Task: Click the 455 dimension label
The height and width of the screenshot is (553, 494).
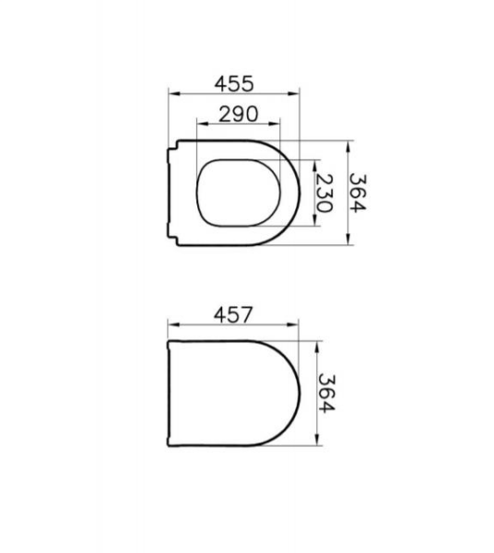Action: [234, 84]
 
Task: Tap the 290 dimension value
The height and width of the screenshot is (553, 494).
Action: [239, 114]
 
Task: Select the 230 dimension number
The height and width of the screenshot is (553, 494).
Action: [323, 194]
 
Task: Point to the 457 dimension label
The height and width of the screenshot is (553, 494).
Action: [233, 314]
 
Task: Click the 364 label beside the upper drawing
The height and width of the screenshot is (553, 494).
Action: [358, 193]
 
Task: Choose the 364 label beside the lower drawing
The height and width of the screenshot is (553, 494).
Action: [326, 394]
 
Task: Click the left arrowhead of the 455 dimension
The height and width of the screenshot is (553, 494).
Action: [175, 94]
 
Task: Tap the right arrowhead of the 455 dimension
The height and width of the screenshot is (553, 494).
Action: [293, 94]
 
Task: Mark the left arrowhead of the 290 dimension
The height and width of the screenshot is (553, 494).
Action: [203, 124]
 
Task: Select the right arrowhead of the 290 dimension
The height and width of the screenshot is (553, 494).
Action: [274, 124]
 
